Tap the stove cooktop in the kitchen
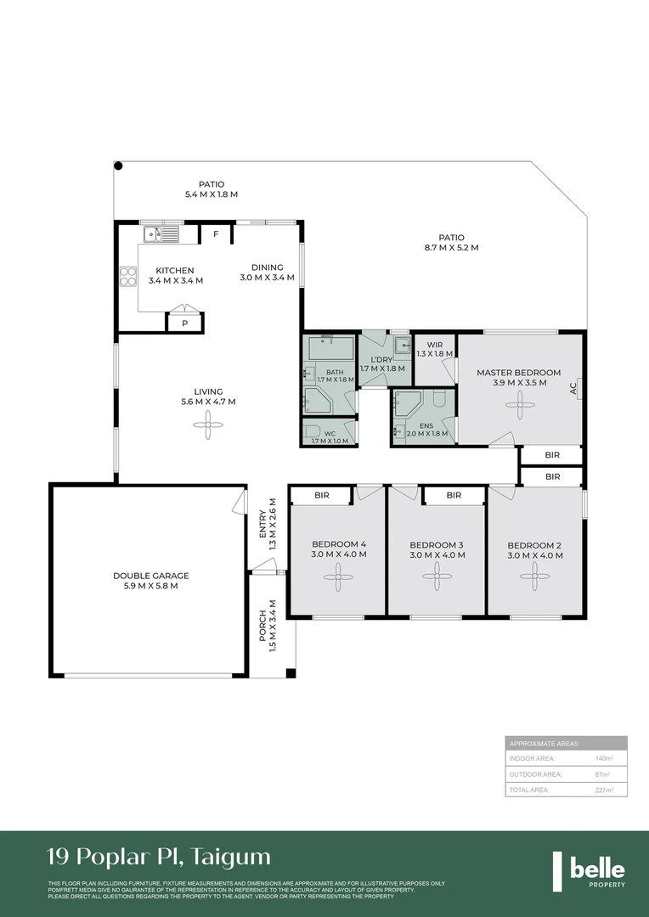[x=129, y=275]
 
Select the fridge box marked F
[x=216, y=233]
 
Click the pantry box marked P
[x=184, y=323]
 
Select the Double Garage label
[x=145, y=581]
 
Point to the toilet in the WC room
[x=312, y=431]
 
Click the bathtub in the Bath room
[x=330, y=348]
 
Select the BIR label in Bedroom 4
[x=322, y=495]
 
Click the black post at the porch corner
[x=291, y=674]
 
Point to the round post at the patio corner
[x=119, y=166]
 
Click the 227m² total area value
[x=604, y=790]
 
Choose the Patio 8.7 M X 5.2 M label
[x=451, y=243]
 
